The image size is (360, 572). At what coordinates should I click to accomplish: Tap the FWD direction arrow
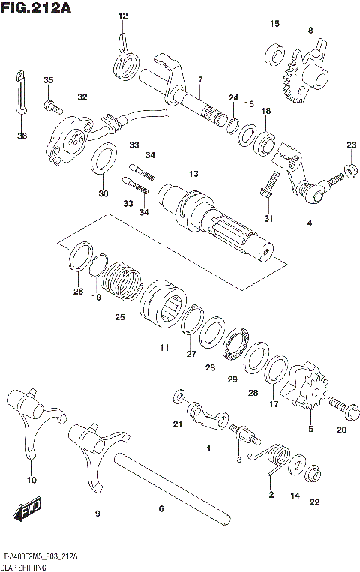28,512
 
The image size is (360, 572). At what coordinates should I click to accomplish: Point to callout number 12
123,16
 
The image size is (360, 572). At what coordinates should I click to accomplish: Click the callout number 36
21,135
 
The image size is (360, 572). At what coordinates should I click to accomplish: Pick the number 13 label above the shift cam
193,174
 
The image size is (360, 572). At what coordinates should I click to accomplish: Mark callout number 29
232,379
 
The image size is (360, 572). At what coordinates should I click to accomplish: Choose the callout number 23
351,144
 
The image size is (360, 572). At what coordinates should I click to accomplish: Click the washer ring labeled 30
103,160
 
